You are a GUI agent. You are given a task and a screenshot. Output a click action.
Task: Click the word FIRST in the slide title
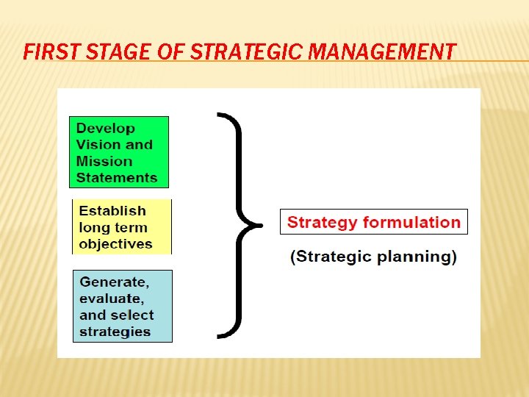coord(45,51)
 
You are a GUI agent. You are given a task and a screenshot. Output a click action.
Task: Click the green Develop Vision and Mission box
coord(118,152)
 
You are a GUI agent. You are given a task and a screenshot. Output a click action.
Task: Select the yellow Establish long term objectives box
coord(121,227)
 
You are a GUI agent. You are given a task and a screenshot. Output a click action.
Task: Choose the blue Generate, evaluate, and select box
coord(123,306)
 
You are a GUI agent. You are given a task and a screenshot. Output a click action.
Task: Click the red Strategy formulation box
coord(373,222)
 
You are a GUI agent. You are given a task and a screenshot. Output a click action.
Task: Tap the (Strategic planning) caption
coord(373,257)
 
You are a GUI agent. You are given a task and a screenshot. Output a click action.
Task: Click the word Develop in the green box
coord(106,128)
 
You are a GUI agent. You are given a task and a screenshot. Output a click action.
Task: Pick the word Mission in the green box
coord(104,161)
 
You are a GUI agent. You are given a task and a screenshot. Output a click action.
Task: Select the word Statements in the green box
coord(117,177)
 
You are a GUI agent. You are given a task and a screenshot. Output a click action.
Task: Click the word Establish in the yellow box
coord(112,211)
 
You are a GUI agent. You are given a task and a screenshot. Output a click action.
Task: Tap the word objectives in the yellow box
coord(115,243)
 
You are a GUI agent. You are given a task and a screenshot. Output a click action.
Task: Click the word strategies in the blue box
coord(115,331)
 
